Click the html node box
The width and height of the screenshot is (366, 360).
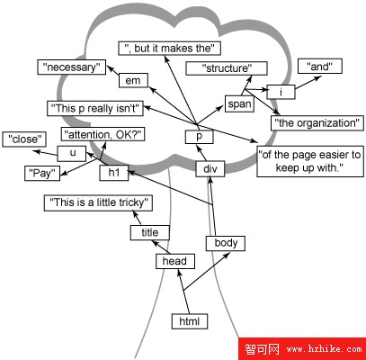pyautogui.click(x=190, y=321)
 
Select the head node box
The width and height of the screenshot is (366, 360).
pyautogui.click(x=175, y=261)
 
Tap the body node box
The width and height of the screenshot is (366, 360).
pyautogui.click(x=226, y=243)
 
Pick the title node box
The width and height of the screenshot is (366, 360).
pyautogui.click(x=150, y=232)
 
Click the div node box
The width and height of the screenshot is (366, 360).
pyautogui.click(x=210, y=169)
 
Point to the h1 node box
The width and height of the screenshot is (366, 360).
pyautogui.click(x=114, y=173)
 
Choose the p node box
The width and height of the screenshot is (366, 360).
pyautogui.click(x=200, y=137)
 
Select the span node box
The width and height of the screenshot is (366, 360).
pyautogui.click(x=239, y=103)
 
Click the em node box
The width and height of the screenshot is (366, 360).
pyautogui.click(x=133, y=80)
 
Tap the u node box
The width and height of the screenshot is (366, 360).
pyautogui.click(x=72, y=153)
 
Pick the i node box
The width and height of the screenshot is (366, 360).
pyautogui.click(x=281, y=92)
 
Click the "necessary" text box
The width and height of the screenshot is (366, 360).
pyautogui.click(x=72, y=67)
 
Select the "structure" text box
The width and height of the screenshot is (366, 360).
pyautogui.click(x=227, y=68)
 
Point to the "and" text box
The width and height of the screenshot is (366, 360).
pyautogui.click(x=320, y=66)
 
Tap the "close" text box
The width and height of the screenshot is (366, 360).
pyautogui.click(x=24, y=139)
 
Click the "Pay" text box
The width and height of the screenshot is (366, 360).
pyautogui.click(x=42, y=173)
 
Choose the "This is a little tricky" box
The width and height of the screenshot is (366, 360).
pyautogui.click(x=98, y=203)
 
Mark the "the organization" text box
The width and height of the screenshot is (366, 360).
pyautogui.click(x=317, y=123)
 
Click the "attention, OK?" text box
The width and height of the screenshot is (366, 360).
pyautogui.click(x=103, y=134)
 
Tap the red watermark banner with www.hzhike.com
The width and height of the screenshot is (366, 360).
pyautogui.click(x=302, y=349)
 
